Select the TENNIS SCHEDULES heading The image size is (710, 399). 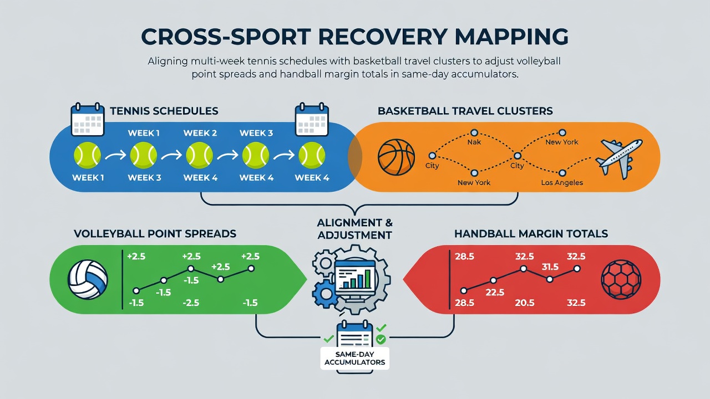(x=164, y=111)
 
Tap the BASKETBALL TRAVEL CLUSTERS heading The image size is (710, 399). (x=465, y=111)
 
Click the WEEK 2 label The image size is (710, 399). (x=200, y=133)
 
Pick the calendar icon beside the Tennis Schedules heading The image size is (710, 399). (x=88, y=119)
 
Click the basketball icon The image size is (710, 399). (x=396, y=157)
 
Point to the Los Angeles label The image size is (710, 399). (x=562, y=183)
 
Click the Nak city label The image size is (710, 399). (x=474, y=142)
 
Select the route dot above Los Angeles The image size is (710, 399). (x=562, y=173)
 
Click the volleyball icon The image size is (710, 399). (x=88, y=280)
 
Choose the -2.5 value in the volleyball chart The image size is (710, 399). (x=191, y=303)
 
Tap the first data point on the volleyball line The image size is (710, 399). (x=136, y=291)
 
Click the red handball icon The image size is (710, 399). (x=621, y=280)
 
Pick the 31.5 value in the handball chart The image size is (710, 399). (x=550, y=267)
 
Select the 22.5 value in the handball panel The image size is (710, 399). (x=495, y=292)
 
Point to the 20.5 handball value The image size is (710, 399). (x=525, y=303)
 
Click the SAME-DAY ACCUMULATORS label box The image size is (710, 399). (x=354, y=359)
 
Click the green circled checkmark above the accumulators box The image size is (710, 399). (x=381, y=340)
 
